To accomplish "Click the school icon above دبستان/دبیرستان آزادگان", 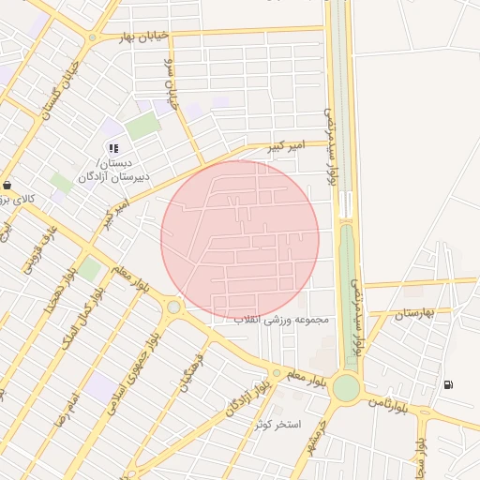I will tap(113, 147).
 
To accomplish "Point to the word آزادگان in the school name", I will tap(100, 175).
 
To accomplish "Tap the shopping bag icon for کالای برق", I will tap(8, 185).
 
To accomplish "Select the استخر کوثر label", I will tap(278, 425).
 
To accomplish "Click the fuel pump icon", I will tap(449, 384).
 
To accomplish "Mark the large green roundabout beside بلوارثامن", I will tap(346, 387).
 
